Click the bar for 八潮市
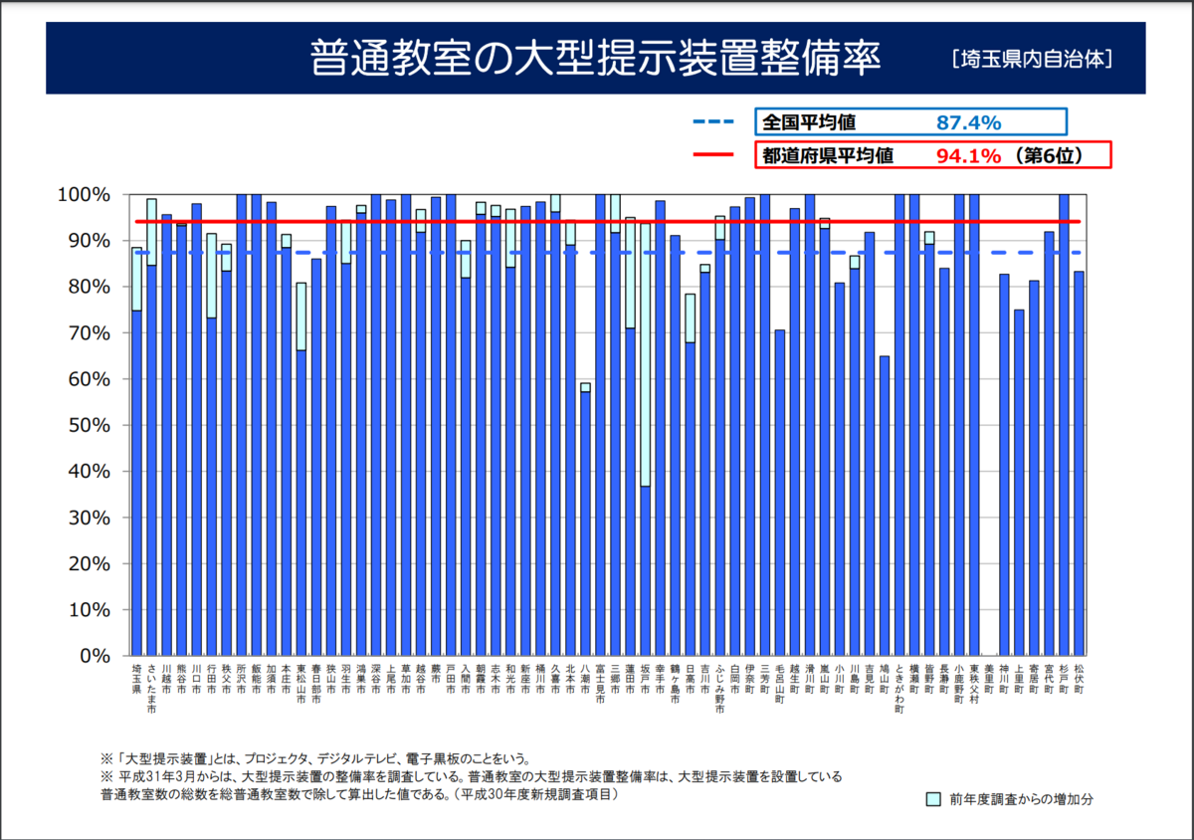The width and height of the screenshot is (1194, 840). pyautogui.click(x=585, y=523)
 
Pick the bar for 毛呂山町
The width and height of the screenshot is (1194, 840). pyautogui.click(x=780, y=493)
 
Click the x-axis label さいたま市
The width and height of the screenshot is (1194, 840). pyautogui.click(x=151, y=688)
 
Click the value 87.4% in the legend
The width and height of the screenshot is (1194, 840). pyautogui.click(x=968, y=122)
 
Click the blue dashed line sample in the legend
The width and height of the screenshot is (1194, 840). pyautogui.click(x=712, y=122)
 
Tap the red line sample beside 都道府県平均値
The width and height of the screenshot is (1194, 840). pyautogui.click(x=712, y=155)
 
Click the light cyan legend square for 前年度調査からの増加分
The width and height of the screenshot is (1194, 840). pyautogui.click(x=932, y=798)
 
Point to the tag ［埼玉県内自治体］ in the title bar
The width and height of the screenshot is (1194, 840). pyautogui.click(x=1031, y=59)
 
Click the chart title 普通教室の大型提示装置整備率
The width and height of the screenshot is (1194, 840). pyautogui.click(x=595, y=57)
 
